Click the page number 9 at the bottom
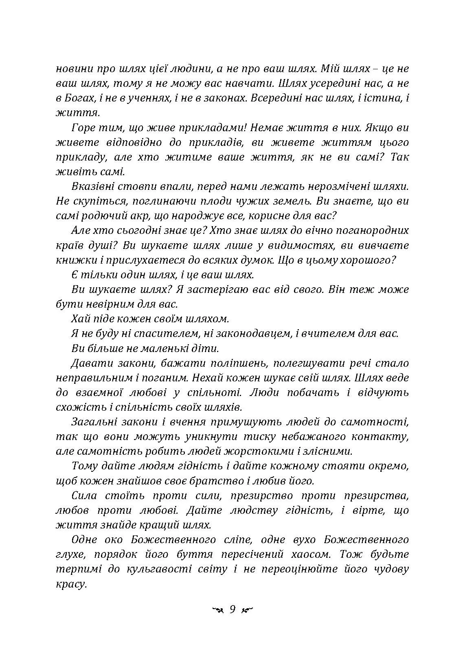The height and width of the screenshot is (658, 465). pyautogui.click(x=232, y=610)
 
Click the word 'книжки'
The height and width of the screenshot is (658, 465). pyautogui.click(x=70, y=260)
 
